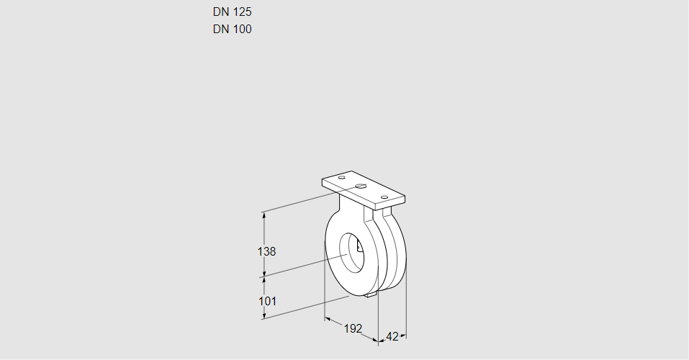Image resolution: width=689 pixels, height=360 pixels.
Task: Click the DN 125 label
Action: (x=232, y=12)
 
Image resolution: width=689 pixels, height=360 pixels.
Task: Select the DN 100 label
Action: (x=232, y=29)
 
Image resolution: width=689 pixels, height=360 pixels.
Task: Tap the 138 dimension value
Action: (x=266, y=251)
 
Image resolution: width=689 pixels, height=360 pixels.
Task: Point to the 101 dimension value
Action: (x=267, y=301)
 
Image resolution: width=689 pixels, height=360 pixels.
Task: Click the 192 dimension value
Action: (x=353, y=328)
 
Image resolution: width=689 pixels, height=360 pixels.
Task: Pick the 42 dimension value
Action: (x=392, y=337)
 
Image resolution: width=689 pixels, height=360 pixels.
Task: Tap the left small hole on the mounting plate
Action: (x=342, y=178)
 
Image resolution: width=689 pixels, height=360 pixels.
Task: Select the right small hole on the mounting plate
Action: (x=384, y=197)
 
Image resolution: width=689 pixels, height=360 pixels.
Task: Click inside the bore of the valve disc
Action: (x=351, y=252)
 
